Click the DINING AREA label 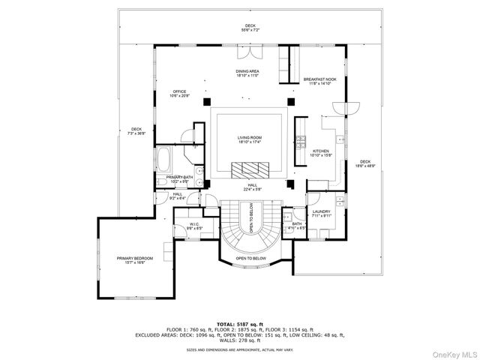[248, 73]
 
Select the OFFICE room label [179, 94]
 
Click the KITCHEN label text [321, 154]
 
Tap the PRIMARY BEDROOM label [135, 259]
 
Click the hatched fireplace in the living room [248, 170]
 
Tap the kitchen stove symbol [300, 139]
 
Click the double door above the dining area [249, 52]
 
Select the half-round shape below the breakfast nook [341, 109]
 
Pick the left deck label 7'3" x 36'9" [136, 131]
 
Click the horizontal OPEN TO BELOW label [250, 258]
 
